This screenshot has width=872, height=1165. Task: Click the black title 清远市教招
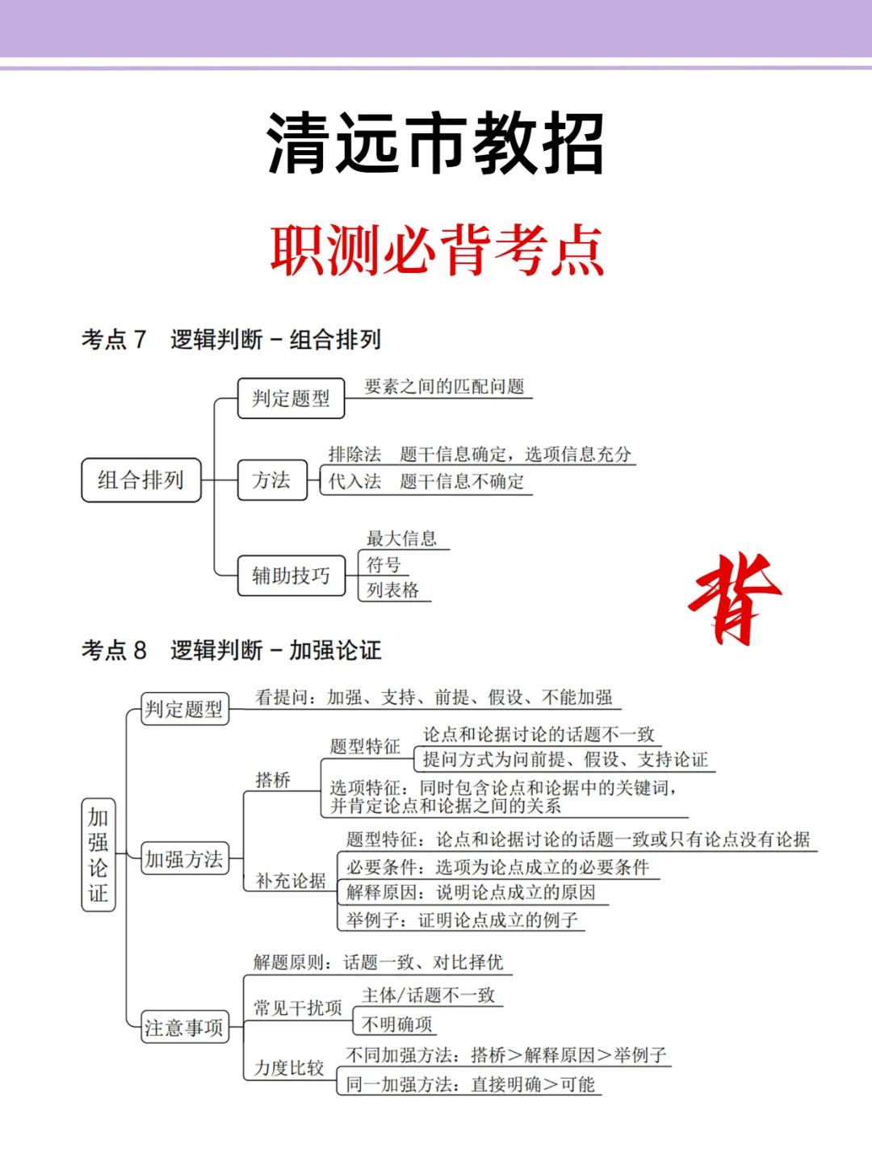tap(435, 144)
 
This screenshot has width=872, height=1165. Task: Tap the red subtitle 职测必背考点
tap(437, 249)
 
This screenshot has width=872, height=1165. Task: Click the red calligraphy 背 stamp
tap(733, 597)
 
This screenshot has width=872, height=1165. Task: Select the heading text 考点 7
tap(114, 339)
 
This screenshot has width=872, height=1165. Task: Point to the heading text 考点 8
tap(114, 650)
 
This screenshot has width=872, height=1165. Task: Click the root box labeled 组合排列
tap(141, 480)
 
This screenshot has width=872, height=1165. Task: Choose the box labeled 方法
tap(272, 480)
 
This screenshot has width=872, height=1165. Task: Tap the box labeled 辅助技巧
tap(291, 575)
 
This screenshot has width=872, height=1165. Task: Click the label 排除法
tap(354, 455)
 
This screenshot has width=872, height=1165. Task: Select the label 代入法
tap(354, 482)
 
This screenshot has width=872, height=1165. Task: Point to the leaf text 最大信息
tap(401, 538)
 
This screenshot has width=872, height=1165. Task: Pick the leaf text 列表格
tap(393, 590)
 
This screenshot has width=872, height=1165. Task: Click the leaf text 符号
tap(384, 564)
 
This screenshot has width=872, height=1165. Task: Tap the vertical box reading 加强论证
tap(99, 855)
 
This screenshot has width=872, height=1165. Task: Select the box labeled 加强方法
tap(184, 859)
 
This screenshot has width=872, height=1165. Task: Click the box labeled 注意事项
tap(184, 1027)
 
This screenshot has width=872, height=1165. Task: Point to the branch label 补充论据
tap(291, 881)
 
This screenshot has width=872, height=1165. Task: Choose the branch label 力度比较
tap(289, 1068)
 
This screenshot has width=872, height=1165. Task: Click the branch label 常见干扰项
tap(298, 1008)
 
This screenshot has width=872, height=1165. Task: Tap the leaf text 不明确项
tap(397, 1024)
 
